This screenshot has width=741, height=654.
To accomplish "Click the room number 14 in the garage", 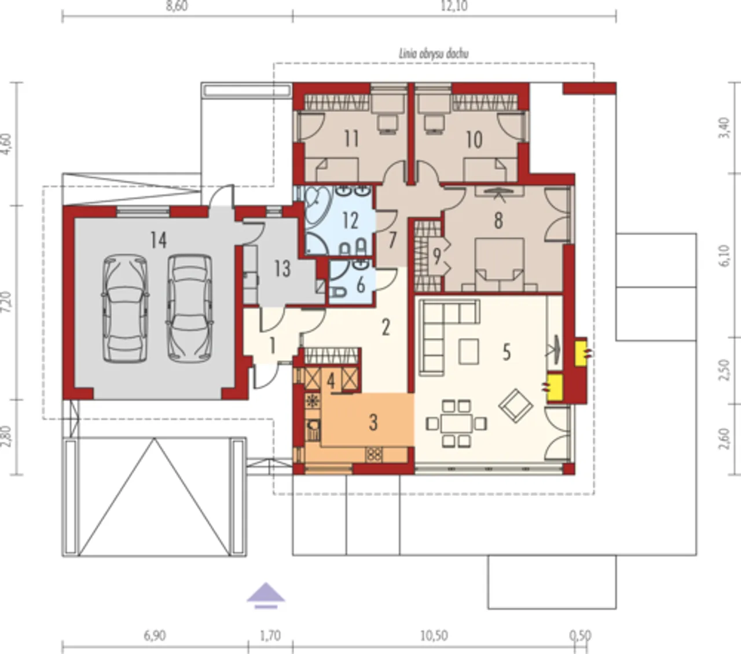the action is coord(159,240).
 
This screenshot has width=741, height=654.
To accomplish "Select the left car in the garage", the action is coord(125,309).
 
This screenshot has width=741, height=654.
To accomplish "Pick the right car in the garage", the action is coord(190,309).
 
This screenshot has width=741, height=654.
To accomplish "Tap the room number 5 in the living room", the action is coord(506,352).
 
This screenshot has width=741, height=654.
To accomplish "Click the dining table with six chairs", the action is coord(456,424).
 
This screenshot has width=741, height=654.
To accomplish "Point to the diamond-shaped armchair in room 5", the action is coord(516,405).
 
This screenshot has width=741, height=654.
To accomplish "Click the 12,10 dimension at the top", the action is coord(454,6).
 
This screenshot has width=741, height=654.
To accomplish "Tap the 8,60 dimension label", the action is coord(177,6).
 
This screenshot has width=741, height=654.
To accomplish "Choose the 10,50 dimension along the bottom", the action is coord(434,635).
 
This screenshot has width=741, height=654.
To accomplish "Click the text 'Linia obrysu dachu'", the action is coord(434,54).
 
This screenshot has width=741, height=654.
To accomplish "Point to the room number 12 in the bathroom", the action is coord(350,221).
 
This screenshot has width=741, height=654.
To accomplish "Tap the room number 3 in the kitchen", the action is coord(373,423).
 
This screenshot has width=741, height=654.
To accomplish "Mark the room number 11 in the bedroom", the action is coord(351,139).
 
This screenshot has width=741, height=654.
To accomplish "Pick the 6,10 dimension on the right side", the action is coord(726,255).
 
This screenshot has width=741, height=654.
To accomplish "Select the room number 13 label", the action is coord(283,269).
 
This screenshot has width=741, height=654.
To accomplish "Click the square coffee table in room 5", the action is coord(468,352).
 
